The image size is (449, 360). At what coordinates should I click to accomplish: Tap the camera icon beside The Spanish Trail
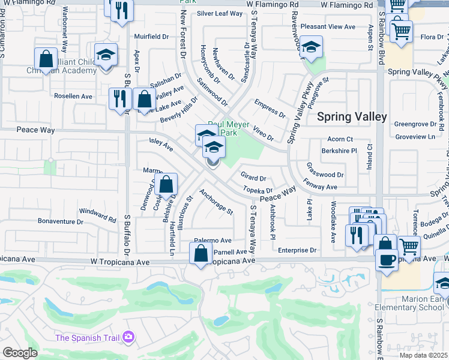[128, 338]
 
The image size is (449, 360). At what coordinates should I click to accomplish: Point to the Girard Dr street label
[253, 178]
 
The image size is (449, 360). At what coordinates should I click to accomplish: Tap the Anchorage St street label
[216, 202]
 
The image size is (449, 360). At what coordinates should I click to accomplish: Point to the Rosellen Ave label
[73, 96]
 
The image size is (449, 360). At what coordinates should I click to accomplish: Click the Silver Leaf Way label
[220, 13]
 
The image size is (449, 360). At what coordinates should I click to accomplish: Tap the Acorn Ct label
[340, 139]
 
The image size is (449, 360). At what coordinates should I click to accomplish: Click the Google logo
[20, 353]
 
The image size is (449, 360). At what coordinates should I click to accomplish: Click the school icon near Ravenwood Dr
[311, 48]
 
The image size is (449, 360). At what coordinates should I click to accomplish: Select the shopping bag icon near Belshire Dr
[167, 185]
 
